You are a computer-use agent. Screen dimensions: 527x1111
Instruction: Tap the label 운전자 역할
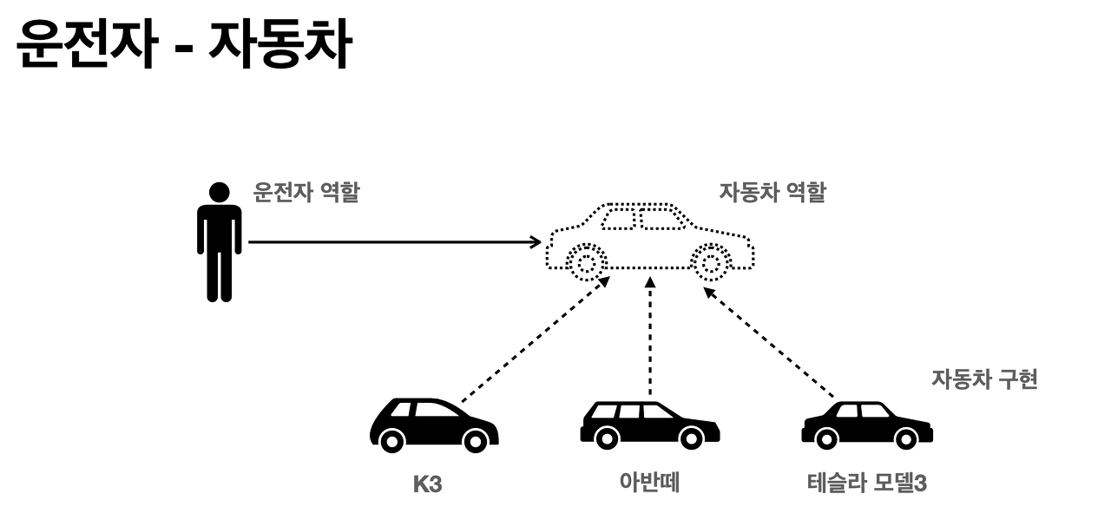(x=306, y=192)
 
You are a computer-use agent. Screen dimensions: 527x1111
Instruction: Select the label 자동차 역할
(x=772, y=192)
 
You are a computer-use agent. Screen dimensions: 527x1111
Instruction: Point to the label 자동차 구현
(x=984, y=379)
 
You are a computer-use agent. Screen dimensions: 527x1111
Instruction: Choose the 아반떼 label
(x=649, y=483)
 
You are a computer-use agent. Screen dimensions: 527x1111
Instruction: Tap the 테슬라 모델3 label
(x=866, y=483)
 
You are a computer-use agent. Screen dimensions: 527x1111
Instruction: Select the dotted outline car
(x=649, y=239)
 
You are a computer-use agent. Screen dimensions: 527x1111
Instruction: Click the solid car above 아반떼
(x=649, y=425)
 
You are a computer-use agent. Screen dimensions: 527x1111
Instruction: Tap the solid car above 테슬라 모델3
(x=866, y=425)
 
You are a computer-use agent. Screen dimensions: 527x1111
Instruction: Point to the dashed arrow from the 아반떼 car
(x=649, y=339)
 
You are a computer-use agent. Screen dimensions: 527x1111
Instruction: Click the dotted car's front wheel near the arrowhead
(x=586, y=262)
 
